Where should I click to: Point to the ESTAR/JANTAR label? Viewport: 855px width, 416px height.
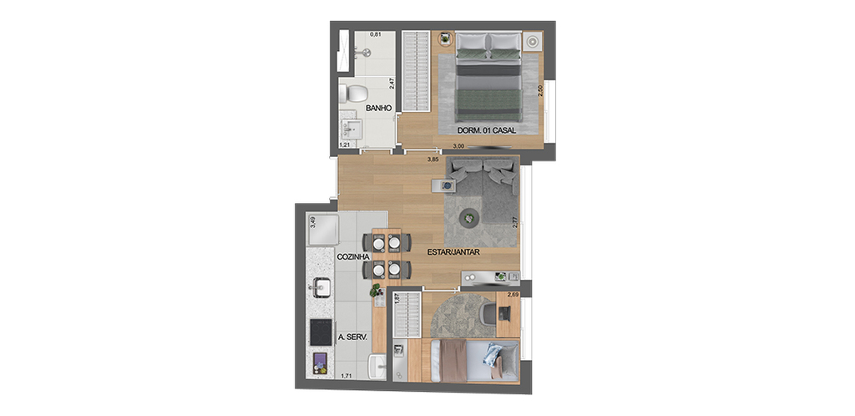pyautogui.click(x=453, y=252)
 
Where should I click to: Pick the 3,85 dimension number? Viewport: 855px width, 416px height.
pyautogui.click(x=433, y=159)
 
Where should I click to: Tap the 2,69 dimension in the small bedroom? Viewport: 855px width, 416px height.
pyautogui.click(x=514, y=294)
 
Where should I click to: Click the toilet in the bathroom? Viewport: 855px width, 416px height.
pyautogui.click(x=354, y=94)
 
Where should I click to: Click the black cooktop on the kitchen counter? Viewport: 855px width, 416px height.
pyautogui.click(x=321, y=332)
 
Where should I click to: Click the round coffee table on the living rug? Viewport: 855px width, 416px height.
pyautogui.click(x=470, y=216)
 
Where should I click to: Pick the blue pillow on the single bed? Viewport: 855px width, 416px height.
pyautogui.click(x=492, y=361)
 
